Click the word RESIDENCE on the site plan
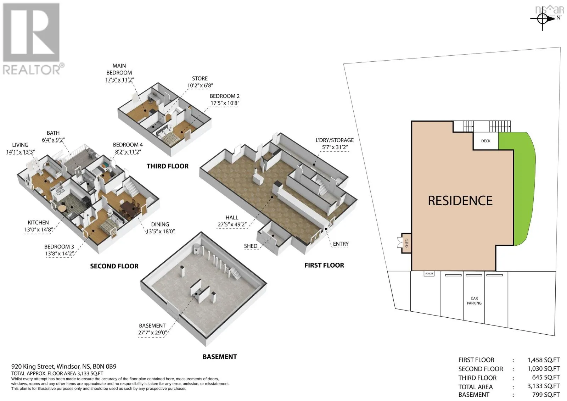pyautogui.click(x=460, y=201)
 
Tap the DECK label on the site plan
pyautogui.click(x=486, y=141)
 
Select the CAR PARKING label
pyautogui.click(x=474, y=301)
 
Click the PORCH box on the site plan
pyautogui.click(x=429, y=274)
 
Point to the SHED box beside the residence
pyautogui.click(x=406, y=243)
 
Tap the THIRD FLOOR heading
pyautogui.click(x=168, y=166)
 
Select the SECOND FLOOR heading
pyautogui.click(x=114, y=266)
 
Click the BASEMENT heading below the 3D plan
pyautogui.click(x=220, y=357)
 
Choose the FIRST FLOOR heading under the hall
pyautogui.click(x=324, y=265)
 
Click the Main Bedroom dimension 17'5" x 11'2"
pyautogui.click(x=119, y=79)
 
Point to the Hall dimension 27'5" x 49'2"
pyautogui.click(x=232, y=224)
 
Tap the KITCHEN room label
pyautogui.click(x=38, y=222)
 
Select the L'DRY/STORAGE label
pyautogui.click(x=335, y=140)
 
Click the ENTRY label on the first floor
pyautogui.click(x=341, y=244)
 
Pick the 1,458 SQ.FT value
pyautogui.click(x=544, y=360)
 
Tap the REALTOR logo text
pyautogui.click(x=32, y=69)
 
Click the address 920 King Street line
pyautogui.click(x=64, y=367)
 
